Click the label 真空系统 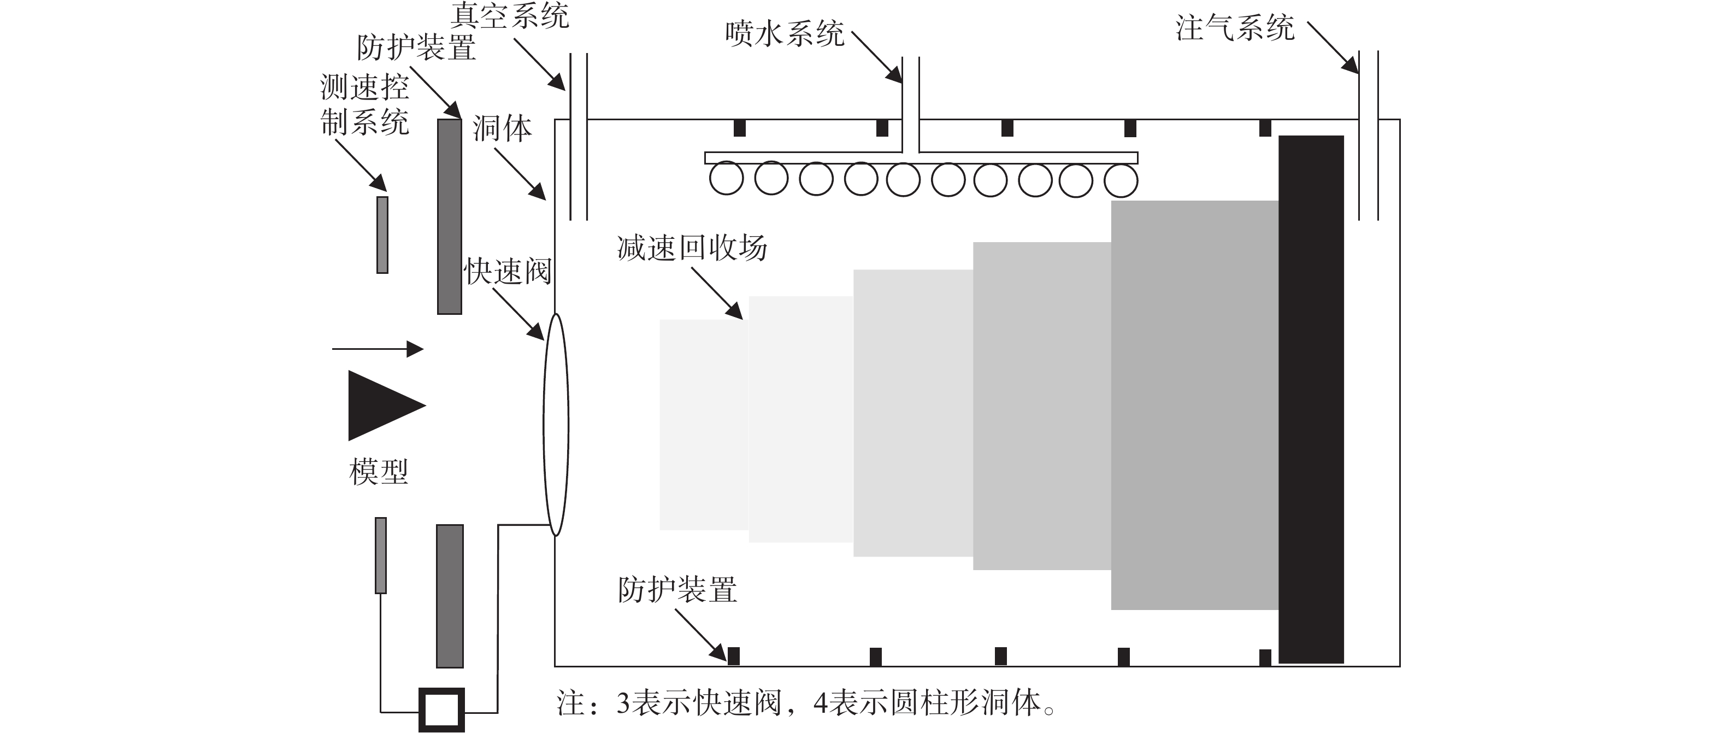[x=510, y=15]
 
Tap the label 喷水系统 [x=785, y=34]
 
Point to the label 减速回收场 [x=692, y=248]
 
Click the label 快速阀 [x=508, y=271]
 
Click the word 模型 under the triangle [x=379, y=472]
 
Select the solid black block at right [x=1311, y=399]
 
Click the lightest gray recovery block [x=704, y=424]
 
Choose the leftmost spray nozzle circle [x=726, y=178]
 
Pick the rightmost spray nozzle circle [x=1121, y=180]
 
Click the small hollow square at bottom [x=441, y=710]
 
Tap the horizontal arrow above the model [x=378, y=349]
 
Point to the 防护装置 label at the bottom [x=677, y=590]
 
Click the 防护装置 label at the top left [x=416, y=48]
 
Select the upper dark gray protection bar [x=450, y=216]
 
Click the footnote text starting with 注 [x=806, y=703]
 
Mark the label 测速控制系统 [x=365, y=105]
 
